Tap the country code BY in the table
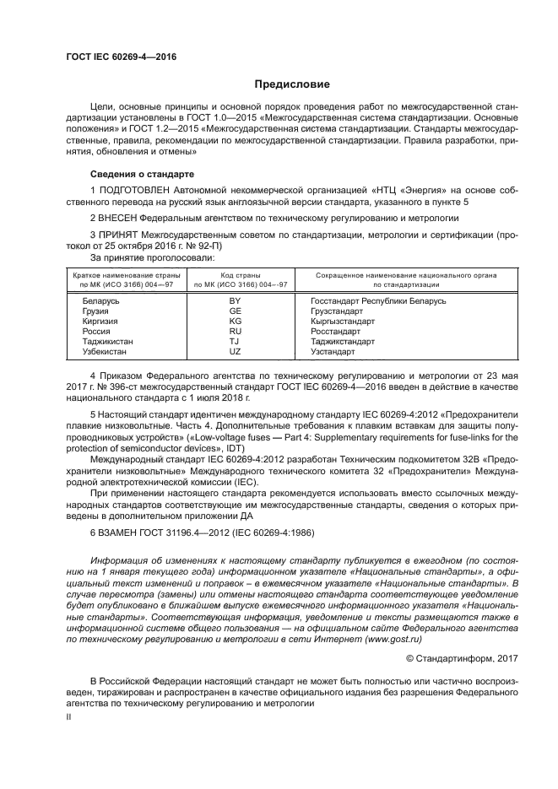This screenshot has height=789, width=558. [x=236, y=301]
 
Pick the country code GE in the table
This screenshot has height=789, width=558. [x=236, y=311]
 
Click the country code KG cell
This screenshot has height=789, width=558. [x=236, y=322]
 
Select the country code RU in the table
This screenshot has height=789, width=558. [x=236, y=332]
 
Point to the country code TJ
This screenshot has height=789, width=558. [x=236, y=342]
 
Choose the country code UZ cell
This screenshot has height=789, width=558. [x=236, y=352]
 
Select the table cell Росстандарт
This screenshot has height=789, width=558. [x=336, y=332]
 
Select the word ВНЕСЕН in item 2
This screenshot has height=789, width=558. [x=122, y=217]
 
